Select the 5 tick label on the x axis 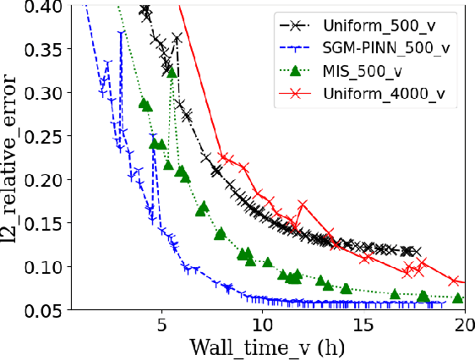tap(161, 324)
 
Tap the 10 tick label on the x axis tap(262, 324)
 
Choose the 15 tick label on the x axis tap(363, 324)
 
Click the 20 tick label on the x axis tap(464, 324)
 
